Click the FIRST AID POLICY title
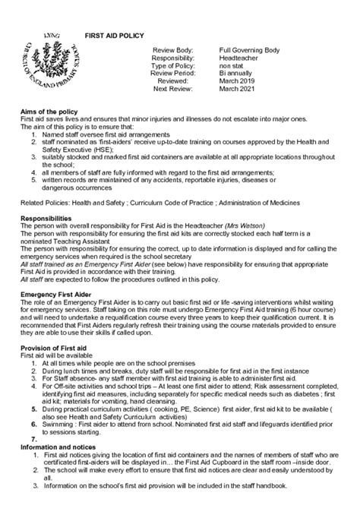point(113,36)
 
